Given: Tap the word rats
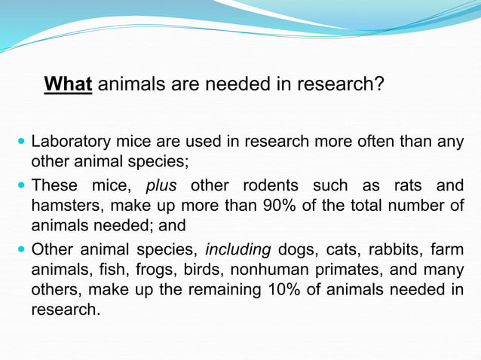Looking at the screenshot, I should (405, 186).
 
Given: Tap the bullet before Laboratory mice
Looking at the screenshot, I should (20, 142).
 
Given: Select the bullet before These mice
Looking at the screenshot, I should (20, 186).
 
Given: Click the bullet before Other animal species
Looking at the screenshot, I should (20, 251).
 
